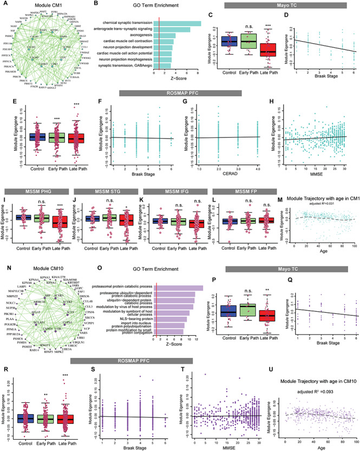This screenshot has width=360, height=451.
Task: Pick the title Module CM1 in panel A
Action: click(38, 11)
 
